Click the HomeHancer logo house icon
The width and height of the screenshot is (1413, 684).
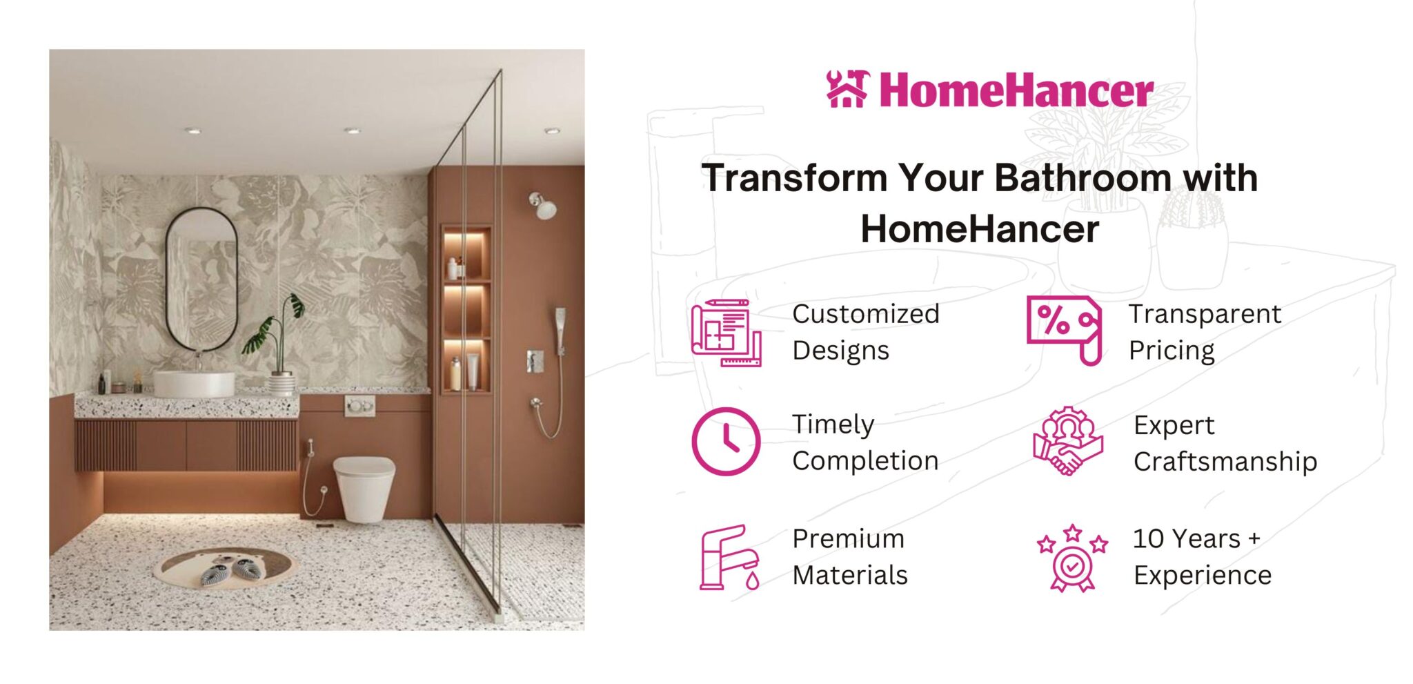click(x=847, y=89)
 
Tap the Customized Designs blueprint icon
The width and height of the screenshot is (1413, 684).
click(x=727, y=333)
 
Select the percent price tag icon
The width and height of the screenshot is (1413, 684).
click(x=1065, y=330)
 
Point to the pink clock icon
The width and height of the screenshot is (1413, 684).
click(x=726, y=442)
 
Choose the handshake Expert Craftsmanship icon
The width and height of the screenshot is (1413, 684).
click(x=1068, y=441)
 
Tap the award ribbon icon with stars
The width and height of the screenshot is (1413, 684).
click(x=1071, y=558)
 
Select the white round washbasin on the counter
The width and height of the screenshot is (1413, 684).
click(x=194, y=384)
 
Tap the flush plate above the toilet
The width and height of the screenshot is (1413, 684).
click(x=360, y=406)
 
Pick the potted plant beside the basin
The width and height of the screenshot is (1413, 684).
click(x=276, y=345)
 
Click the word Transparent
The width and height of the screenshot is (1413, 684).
click(x=1205, y=314)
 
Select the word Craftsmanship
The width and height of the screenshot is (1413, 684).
click(x=1225, y=461)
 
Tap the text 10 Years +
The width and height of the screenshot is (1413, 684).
click(x=1196, y=538)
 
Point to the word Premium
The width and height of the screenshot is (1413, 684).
click(x=848, y=538)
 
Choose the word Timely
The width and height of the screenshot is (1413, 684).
click(x=833, y=425)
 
